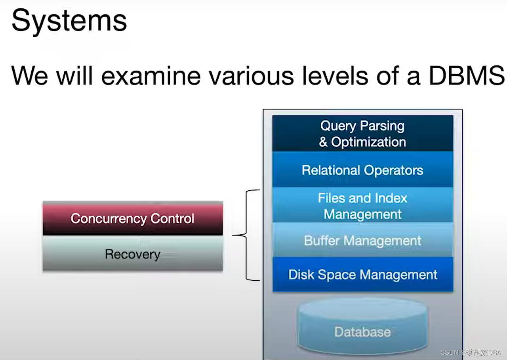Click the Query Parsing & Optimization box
pos(362,134)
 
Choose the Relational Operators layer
pos(362,170)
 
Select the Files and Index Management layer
pos(362,206)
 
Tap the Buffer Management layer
pos(362,241)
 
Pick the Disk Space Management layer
pos(362,275)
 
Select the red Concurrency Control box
pos(132,218)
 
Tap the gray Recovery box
pos(132,254)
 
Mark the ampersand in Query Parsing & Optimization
pos(323,142)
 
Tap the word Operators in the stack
pos(393,170)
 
